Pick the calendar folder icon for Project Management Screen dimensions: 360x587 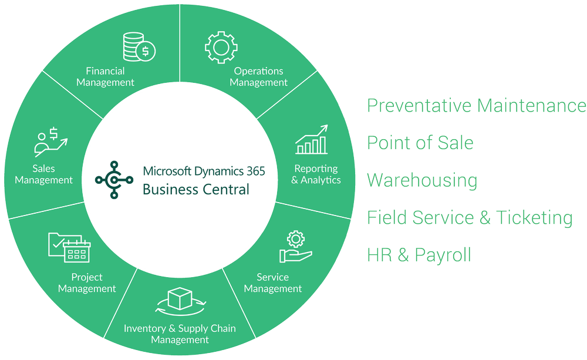tap(69, 247)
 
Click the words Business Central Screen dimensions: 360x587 tap(196, 189)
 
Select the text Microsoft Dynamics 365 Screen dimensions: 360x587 tap(204, 171)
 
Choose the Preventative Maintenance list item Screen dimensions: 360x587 tap(476, 106)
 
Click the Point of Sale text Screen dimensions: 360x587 tap(420, 143)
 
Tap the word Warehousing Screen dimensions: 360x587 tap(422, 180)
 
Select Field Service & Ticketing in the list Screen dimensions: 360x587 tap(470, 218)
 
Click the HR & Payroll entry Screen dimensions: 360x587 tap(419, 255)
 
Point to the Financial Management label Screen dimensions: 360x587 tap(105, 77)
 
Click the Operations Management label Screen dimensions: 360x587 tap(258, 77)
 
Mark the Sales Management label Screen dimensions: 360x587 tap(44, 174)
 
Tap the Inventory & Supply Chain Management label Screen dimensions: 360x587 tap(180, 334)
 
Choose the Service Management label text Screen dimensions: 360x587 tap(272, 282)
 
